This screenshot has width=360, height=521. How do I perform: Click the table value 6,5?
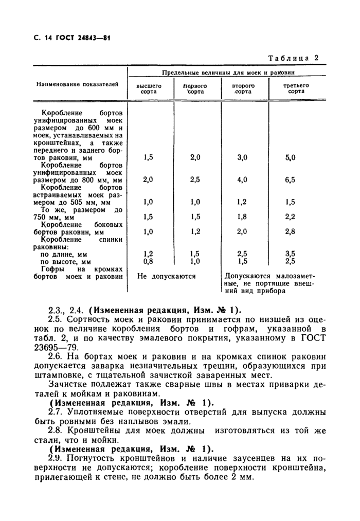coord(290,180)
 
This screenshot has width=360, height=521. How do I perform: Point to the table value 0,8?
coord(149,261)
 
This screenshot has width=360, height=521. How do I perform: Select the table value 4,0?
coord(242,180)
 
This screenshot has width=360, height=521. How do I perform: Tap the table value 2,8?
coord(290,232)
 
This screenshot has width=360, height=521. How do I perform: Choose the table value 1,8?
coord(242,217)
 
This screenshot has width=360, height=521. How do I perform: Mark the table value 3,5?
coord(290,254)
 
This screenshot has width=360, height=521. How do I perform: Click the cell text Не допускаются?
coord(167,276)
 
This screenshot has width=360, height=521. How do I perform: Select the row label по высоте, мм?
coord(65,262)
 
